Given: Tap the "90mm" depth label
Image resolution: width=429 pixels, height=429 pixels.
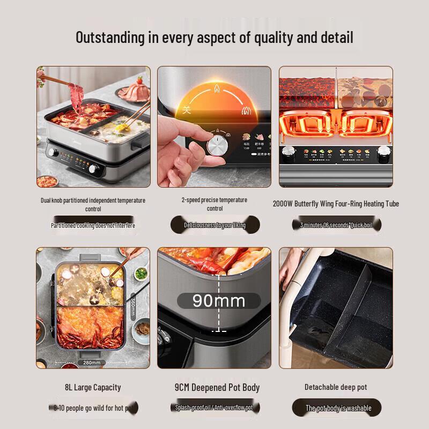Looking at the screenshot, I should click(x=218, y=301).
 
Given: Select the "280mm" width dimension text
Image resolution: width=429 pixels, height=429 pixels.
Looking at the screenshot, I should click(x=92, y=363).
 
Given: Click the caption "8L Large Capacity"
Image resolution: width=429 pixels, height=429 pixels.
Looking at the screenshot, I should click(x=93, y=387).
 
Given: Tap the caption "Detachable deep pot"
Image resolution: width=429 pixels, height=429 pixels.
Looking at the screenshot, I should click(x=336, y=387).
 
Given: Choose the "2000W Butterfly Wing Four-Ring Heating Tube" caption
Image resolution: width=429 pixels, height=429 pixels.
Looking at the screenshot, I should click(x=336, y=204).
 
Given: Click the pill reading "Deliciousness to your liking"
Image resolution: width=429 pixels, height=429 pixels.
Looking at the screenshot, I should click(x=214, y=225).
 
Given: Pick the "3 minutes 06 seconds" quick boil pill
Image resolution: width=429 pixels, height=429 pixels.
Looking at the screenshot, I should click(x=336, y=225).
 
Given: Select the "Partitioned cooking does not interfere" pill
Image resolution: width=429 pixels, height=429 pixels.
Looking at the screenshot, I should click(x=93, y=226).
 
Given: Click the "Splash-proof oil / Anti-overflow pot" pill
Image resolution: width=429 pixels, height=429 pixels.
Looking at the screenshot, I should click(x=214, y=408).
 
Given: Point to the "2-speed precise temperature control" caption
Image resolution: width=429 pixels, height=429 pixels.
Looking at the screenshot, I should click(x=214, y=204).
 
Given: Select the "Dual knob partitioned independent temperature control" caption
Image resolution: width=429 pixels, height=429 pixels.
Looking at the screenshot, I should click(x=93, y=204).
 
